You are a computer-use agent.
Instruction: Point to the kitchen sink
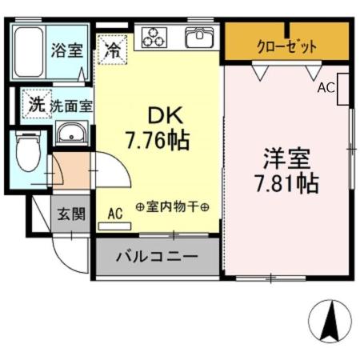[x=199, y=37]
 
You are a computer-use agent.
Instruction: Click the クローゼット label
[x=286, y=46]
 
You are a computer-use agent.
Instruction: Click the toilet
[x=27, y=154]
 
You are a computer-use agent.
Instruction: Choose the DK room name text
[x=157, y=115]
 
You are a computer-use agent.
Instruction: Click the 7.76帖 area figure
[x=157, y=142]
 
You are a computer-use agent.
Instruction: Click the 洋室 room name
[x=286, y=156]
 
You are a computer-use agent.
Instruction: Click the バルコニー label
[x=157, y=258]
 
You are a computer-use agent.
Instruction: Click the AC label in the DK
[x=114, y=214]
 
